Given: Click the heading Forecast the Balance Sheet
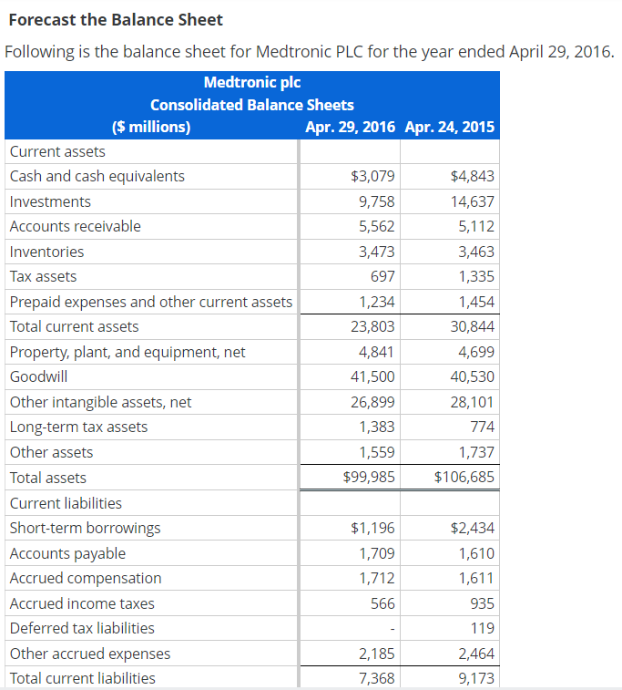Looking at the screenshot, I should click(x=115, y=19).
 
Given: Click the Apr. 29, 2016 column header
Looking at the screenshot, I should click(x=351, y=127).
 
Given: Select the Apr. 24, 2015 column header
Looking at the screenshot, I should click(x=449, y=127).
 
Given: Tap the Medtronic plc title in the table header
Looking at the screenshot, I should click(x=252, y=82).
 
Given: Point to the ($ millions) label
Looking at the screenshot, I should click(x=151, y=127).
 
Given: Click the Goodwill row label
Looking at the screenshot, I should click(x=38, y=376).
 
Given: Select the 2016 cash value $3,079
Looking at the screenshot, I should click(x=372, y=176).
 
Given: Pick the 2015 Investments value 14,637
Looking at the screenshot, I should click(x=472, y=201).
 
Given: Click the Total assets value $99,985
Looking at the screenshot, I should click(x=369, y=477).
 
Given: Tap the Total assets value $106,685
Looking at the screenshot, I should click(x=464, y=477).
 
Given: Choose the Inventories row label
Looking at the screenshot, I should click(x=46, y=252).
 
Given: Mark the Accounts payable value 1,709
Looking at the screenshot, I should click(x=377, y=553).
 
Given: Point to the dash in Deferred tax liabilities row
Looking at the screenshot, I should click(x=392, y=628).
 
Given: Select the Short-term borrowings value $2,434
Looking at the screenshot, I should click(x=473, y=528).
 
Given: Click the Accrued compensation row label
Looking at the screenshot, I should click(x=86, y=578).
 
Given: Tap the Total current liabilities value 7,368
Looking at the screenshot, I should click(x=377, y=678).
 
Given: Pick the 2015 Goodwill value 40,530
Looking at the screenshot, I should click(x=472, y=376).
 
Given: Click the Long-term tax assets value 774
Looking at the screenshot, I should click(x=482, y=427).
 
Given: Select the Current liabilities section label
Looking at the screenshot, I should click(x=66, y=503).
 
